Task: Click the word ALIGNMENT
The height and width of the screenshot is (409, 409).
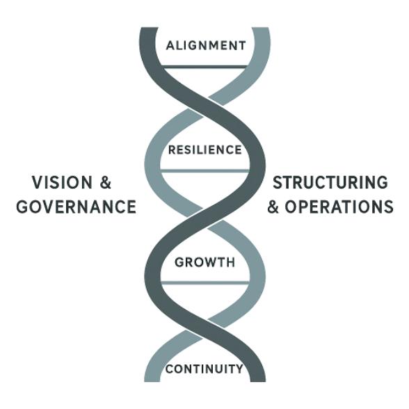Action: point(206,46)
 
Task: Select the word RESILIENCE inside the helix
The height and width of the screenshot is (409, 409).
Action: point(205,150)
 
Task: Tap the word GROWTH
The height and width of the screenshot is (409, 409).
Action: point(205,262)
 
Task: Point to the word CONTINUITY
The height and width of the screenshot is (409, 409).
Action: point(205,369)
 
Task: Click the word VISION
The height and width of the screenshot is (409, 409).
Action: point(62,182)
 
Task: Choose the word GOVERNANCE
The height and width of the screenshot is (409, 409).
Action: point(77,207)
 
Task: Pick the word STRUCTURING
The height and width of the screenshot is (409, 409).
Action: point(330,182)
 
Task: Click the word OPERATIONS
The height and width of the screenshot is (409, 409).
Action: point(339,207)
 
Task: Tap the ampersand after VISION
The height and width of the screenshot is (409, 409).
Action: point(106,182)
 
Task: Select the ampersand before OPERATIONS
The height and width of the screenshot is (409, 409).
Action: point(273,207)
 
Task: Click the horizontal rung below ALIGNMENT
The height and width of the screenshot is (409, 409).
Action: point(205,67)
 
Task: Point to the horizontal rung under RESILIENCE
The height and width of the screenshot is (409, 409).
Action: point(205,171)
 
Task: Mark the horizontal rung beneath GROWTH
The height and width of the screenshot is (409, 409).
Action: point(205,283)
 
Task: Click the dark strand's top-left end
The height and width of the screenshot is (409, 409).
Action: point(149,28)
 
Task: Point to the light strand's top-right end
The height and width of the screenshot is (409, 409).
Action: point(261,28)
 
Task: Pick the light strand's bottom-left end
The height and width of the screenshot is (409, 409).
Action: point(152,381)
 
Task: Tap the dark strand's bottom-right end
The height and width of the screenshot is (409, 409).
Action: point(257,381)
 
